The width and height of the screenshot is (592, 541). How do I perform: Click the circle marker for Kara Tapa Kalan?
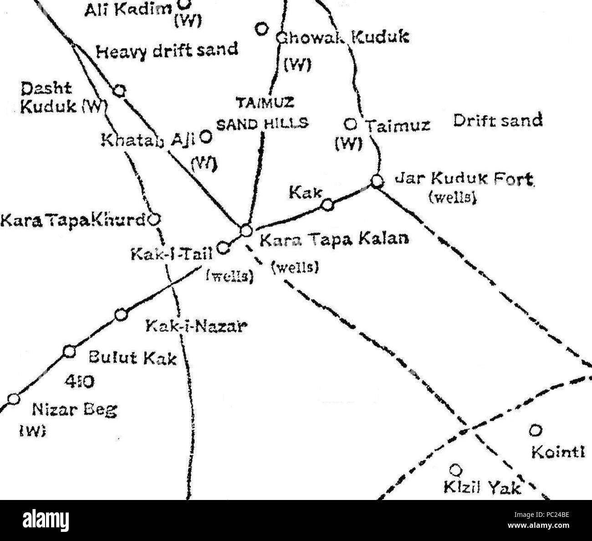point(245,231)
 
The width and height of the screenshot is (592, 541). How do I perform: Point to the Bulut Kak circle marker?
point(69,351)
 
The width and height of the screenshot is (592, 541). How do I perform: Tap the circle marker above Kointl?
point(536,430)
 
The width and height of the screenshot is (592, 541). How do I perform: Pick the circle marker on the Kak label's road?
point(327,205)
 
